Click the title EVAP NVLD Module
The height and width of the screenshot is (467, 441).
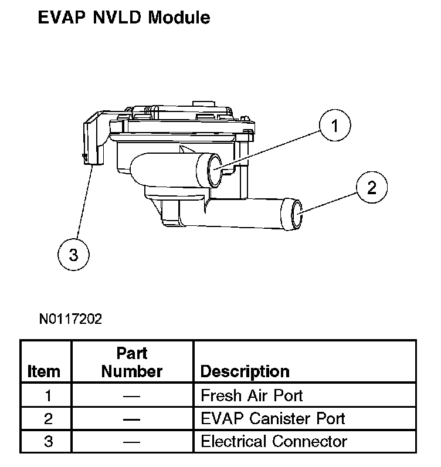tap(124, 17)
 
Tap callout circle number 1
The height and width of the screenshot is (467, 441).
tap(335, 125)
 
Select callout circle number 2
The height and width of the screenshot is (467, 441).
tap(372, 187)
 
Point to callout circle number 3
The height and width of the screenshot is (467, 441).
tap(73, 255)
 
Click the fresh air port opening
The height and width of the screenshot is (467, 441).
tap(215, 170)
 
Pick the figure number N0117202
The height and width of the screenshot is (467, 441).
tap(70, 319)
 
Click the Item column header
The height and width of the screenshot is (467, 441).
tap(44, 372)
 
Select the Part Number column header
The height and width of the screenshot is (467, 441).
tap(132, 363)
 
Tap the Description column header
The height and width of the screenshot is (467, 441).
tap(245, 371)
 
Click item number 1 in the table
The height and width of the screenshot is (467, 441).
tap(48, 396)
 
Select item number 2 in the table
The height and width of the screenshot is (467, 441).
tap(48, 419)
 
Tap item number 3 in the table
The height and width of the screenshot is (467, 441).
tap(48, 441)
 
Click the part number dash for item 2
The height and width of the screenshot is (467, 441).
tap(131, 419)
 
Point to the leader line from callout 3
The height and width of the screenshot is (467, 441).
tap(85, 202)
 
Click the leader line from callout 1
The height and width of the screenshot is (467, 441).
tap(267, 150)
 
